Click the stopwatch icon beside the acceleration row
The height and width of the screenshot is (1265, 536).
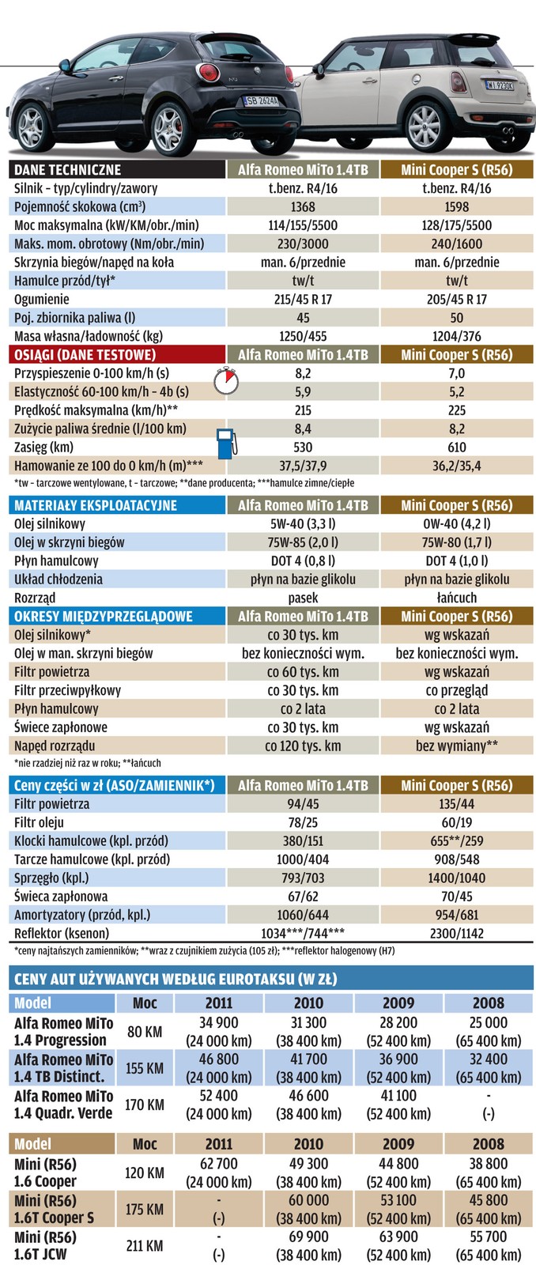225,382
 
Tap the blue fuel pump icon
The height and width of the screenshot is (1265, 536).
226,441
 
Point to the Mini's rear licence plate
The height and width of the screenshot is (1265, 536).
499,85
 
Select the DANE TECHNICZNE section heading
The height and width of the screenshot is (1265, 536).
68,169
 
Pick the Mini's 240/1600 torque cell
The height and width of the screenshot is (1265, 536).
456,244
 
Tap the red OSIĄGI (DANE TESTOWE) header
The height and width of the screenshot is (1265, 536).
85,355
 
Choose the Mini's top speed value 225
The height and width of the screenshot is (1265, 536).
456,410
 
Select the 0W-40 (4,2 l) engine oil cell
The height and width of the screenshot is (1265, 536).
456,523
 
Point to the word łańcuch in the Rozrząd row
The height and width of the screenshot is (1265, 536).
456,598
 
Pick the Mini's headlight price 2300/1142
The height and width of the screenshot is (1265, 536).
456,933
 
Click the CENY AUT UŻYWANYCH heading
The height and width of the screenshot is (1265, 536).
176,980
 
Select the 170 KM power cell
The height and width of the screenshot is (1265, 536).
145,1105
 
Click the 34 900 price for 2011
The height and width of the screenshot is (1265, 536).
219,1023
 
